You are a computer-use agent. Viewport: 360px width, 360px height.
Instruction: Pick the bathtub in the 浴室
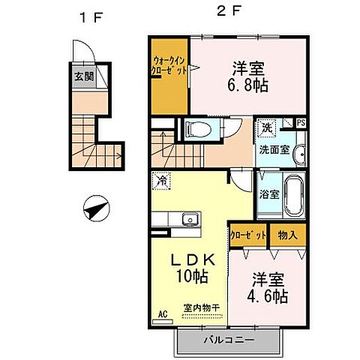(295, 194)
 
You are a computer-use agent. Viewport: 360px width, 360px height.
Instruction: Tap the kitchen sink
(189, 220)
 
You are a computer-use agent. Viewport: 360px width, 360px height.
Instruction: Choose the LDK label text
(193, 259)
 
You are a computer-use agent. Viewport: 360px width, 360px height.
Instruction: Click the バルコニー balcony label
(229, 341)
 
